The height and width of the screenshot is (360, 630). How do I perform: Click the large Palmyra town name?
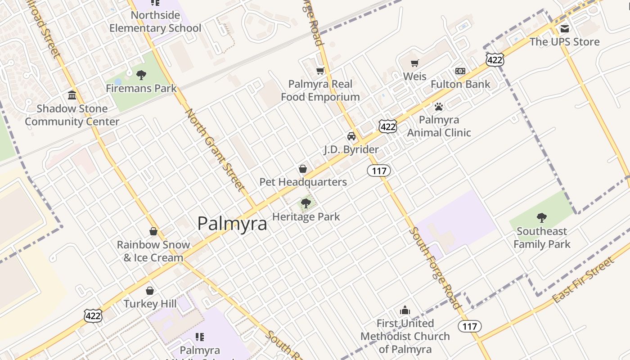click(x=232, y=223)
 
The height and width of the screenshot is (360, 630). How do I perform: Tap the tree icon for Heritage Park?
click(x=306, y=203)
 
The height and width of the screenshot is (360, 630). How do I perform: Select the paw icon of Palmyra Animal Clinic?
click(x=439, y=107)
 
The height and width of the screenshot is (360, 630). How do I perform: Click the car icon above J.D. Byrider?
click(x=351, y=136)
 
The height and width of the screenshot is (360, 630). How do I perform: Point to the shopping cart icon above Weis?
click(x=414, y=63)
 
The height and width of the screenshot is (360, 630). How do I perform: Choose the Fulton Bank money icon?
click(x=460, y=71)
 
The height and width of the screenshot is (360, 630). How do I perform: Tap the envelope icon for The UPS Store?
click(x=564, y=29)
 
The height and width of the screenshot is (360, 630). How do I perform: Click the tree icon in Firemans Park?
click(x=141, y=75)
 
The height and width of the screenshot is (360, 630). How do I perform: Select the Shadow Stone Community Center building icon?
click(x=72, y=95)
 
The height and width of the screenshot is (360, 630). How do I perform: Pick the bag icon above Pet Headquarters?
click(x=303, y=169)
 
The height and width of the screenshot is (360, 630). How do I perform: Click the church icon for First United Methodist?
click(x=405, y=310)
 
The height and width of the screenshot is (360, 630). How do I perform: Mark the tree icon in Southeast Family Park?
click(x=542, y=218)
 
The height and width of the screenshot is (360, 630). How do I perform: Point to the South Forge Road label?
click(x=435, y=268)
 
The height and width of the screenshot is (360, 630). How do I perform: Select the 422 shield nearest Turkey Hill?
click(x=93, y=316)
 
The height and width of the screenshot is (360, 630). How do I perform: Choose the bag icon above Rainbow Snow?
click(x=153, y=231)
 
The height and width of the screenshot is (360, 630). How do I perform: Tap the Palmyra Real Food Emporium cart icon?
click(x=320, y=71)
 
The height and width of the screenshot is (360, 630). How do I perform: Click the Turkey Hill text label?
click(x=150, y=304)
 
